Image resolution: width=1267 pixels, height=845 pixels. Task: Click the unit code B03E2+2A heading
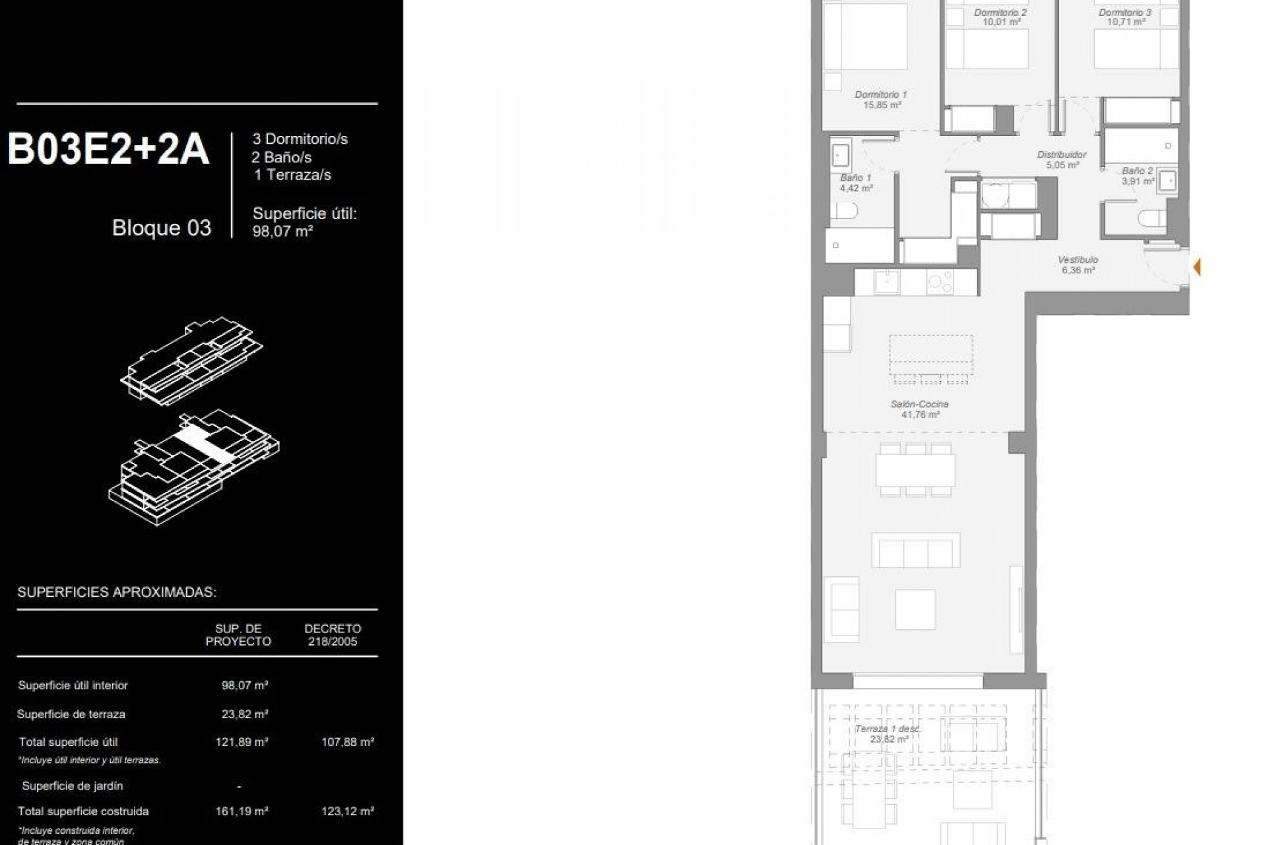click(x=108, y=149)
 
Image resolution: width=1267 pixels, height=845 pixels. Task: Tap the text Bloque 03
click(x=162, y=228)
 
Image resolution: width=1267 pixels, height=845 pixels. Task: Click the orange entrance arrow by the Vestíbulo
click(x=1196, y=267)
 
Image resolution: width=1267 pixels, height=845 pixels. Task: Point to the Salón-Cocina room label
click(x=920, y=404)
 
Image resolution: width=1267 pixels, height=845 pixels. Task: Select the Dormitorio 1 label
click(x=881, y=94)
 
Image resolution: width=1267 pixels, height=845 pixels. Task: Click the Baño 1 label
click(x=856, y=178)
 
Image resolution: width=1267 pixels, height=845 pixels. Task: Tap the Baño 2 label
click(x=1137, y=171)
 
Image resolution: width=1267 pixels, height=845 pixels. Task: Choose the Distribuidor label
click(x=1062, y=154)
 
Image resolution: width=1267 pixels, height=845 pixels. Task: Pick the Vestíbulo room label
click(x=1078, y=259)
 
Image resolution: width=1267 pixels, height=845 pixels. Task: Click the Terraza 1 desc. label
click(x=888, y=729)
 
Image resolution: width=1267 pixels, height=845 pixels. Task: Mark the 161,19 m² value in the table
click(x=242, y=811)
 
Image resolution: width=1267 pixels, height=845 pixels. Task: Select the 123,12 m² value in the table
click(x=348, y=811)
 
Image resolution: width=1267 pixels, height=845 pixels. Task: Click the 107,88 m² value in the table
click(x=348, y=742)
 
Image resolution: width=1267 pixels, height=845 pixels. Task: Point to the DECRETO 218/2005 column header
click(x=333, y=635)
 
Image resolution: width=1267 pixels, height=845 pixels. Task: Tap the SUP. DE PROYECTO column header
click(x=238, y=635)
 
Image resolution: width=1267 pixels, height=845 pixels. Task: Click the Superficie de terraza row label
click(x=71, y=714)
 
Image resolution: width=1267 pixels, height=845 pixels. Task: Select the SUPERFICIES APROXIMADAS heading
click(x=117, y=592)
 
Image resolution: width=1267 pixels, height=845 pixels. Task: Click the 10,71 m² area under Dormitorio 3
click(x=1126, y=22)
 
